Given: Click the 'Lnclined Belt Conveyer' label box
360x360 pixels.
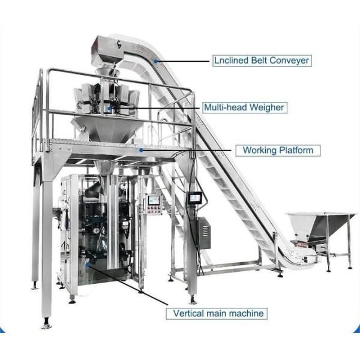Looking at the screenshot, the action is (262, 60).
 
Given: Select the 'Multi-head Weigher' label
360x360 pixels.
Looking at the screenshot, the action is (243, 107).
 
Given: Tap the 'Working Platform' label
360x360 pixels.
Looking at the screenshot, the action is (278, 150).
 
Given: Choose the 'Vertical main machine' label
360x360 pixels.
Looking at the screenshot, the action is (218, 313).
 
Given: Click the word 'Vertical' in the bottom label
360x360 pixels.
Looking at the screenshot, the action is (189, 313).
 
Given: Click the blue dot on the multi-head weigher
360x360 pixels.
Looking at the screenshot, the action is (109, 108).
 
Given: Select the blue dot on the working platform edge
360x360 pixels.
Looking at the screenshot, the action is (142, 150).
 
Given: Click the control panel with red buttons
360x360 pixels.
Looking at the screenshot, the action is (154, 205).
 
